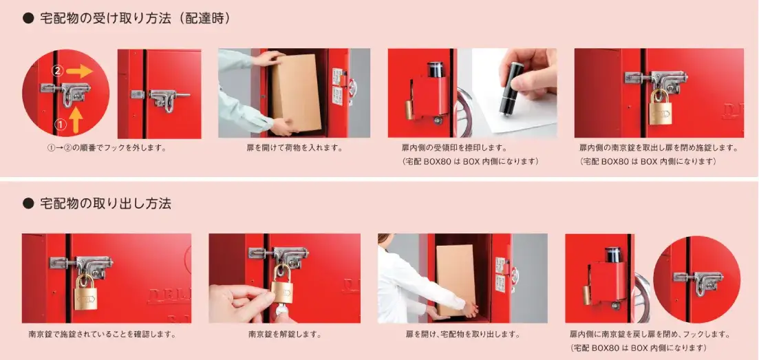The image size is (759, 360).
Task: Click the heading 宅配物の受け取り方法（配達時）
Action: click(x=136, y=19)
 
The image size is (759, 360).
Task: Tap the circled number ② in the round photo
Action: click(x=58, y=70)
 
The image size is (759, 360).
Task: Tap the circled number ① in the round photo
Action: click(x=59, y=125)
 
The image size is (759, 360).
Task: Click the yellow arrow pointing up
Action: click(x=76, y=118)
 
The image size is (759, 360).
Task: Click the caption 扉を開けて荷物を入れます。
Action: click(x=295, y=147)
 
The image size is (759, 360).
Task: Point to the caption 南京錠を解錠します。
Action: click(x=285, y=335)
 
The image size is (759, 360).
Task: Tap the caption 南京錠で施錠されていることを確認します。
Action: click(x=102, y=335)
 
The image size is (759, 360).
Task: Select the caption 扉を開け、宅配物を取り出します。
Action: click(x=462, y=335)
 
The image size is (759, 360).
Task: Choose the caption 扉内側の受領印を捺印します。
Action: click(x=454, y=147)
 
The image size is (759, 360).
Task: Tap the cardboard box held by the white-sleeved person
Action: click(x=456, y=279)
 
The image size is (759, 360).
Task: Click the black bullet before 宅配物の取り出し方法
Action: click(x=28, y=203)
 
